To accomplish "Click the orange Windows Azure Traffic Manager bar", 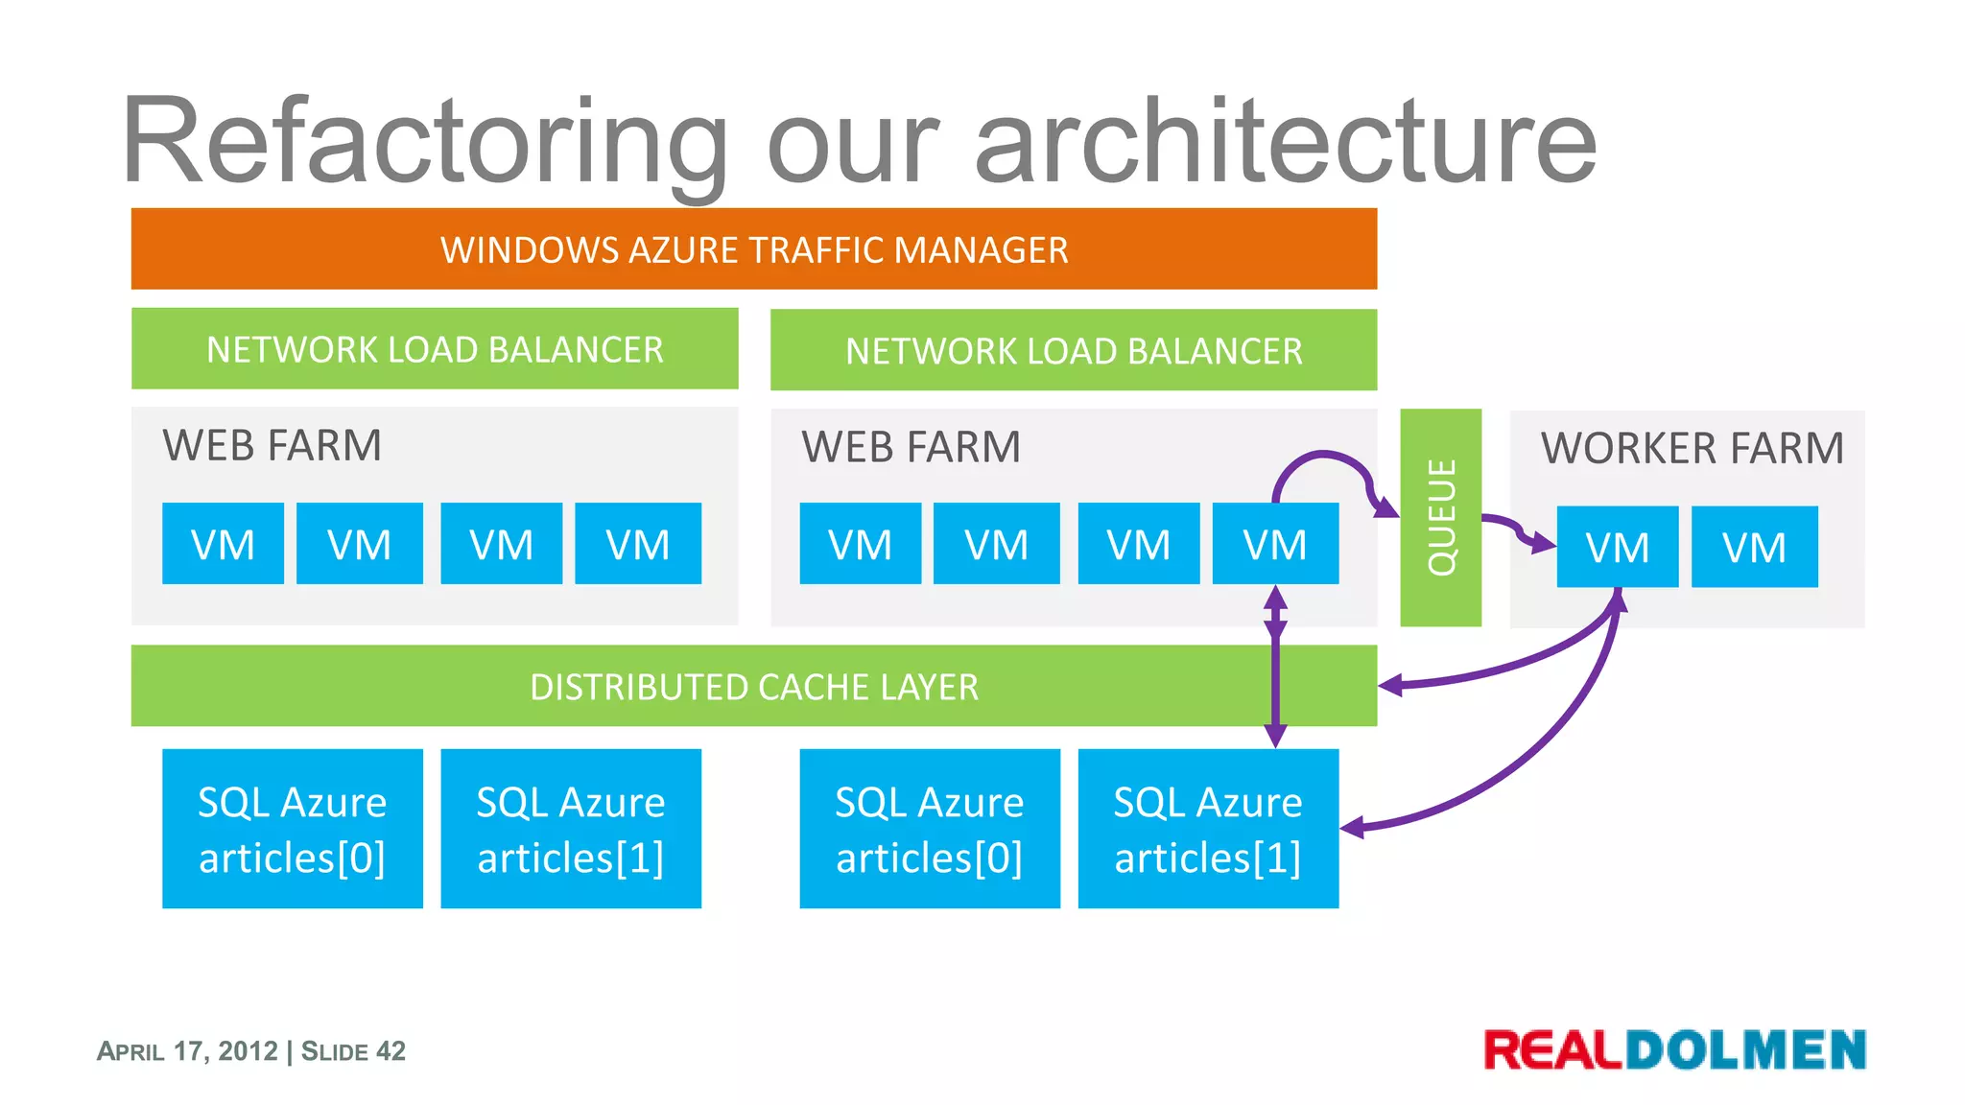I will (x=753, y=249).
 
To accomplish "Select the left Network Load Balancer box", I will (x=435, y=349).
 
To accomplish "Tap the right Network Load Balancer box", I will (x=1073, y=351).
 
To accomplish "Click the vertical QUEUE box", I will (x=1440, y=518).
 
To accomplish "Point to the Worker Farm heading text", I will (x=1692, y=448).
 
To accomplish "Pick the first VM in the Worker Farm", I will (x=1617, y=548).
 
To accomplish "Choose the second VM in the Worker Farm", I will (x=1754, y=548).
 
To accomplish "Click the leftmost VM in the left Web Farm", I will (x=223, y=544).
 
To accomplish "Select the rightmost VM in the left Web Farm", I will (x=637, y=544).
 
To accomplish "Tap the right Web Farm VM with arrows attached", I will (x=1274, y=544).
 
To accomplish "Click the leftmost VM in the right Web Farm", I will (x=860, y=544).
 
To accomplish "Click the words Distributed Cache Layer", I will (x=753, y=687).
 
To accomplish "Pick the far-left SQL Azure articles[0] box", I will (x=292, y=829).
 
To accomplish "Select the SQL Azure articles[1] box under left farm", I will (x=570, y=829).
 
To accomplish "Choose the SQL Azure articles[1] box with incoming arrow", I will (x=1207, y=829).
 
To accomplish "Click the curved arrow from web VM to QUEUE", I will (x=1329, y=456).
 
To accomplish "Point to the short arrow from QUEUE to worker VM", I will (x=1516, y=528).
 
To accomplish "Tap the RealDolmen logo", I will (x=1674, y=1049).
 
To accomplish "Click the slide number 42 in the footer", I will (x=391, y=1051).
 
